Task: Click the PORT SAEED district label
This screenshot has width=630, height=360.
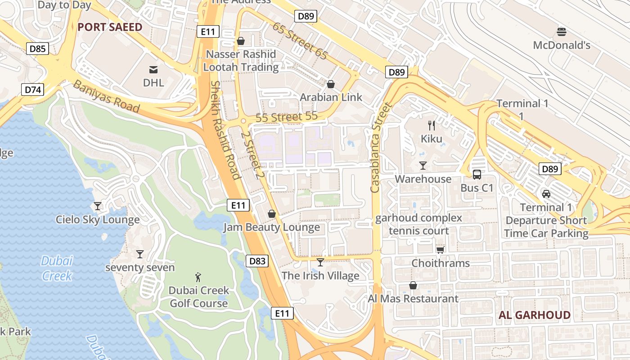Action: [110, 27]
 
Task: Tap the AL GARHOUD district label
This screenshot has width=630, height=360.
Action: [534, 315]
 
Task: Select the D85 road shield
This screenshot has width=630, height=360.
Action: [37, 49]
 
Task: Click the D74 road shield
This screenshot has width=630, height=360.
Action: [33, 90]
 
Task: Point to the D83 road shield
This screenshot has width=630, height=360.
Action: [257, 261]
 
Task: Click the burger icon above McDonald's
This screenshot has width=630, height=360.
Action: [561, 32]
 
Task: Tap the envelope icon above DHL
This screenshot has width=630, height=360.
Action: [153, 69]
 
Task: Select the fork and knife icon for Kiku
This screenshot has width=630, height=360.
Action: [432, 125]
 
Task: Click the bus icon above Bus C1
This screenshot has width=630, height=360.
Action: [477, 175]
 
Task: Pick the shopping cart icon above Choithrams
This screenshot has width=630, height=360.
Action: [440, 250]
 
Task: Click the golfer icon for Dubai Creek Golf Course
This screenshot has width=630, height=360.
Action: [198, 277]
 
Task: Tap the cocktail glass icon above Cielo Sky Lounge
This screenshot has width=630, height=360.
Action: [97, 206]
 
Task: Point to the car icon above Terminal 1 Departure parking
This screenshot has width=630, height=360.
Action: [546, 194]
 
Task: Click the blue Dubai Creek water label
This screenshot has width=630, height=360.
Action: [57, 268]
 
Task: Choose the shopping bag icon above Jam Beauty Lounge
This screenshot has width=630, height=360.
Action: [271, 214]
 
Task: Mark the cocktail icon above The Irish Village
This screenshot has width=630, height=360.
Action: [320, 262]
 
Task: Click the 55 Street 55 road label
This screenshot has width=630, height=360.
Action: [287, 117]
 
